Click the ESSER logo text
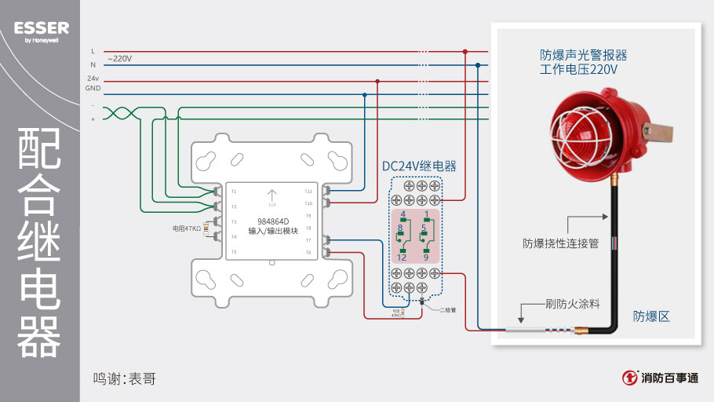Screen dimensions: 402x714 coord(41,28)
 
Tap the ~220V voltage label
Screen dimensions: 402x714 coord(119,59)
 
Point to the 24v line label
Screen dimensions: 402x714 coord(93,79)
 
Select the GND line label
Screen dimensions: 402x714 coord(93,89)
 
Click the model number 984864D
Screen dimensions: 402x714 coord(273,221)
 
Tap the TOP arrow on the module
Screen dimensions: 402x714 coord(272,196)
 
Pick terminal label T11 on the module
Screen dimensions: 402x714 coord(308,192)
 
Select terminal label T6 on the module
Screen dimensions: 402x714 coord(308,252)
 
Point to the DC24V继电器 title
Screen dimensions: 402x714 coord(418,166)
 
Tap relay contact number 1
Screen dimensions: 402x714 coord(426,214)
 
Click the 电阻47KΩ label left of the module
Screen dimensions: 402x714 coord(188,228)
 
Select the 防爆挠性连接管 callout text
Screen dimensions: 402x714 coord(561,243)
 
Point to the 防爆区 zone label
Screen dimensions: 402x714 coord(651,316)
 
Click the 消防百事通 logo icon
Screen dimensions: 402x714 coord(629,378)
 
